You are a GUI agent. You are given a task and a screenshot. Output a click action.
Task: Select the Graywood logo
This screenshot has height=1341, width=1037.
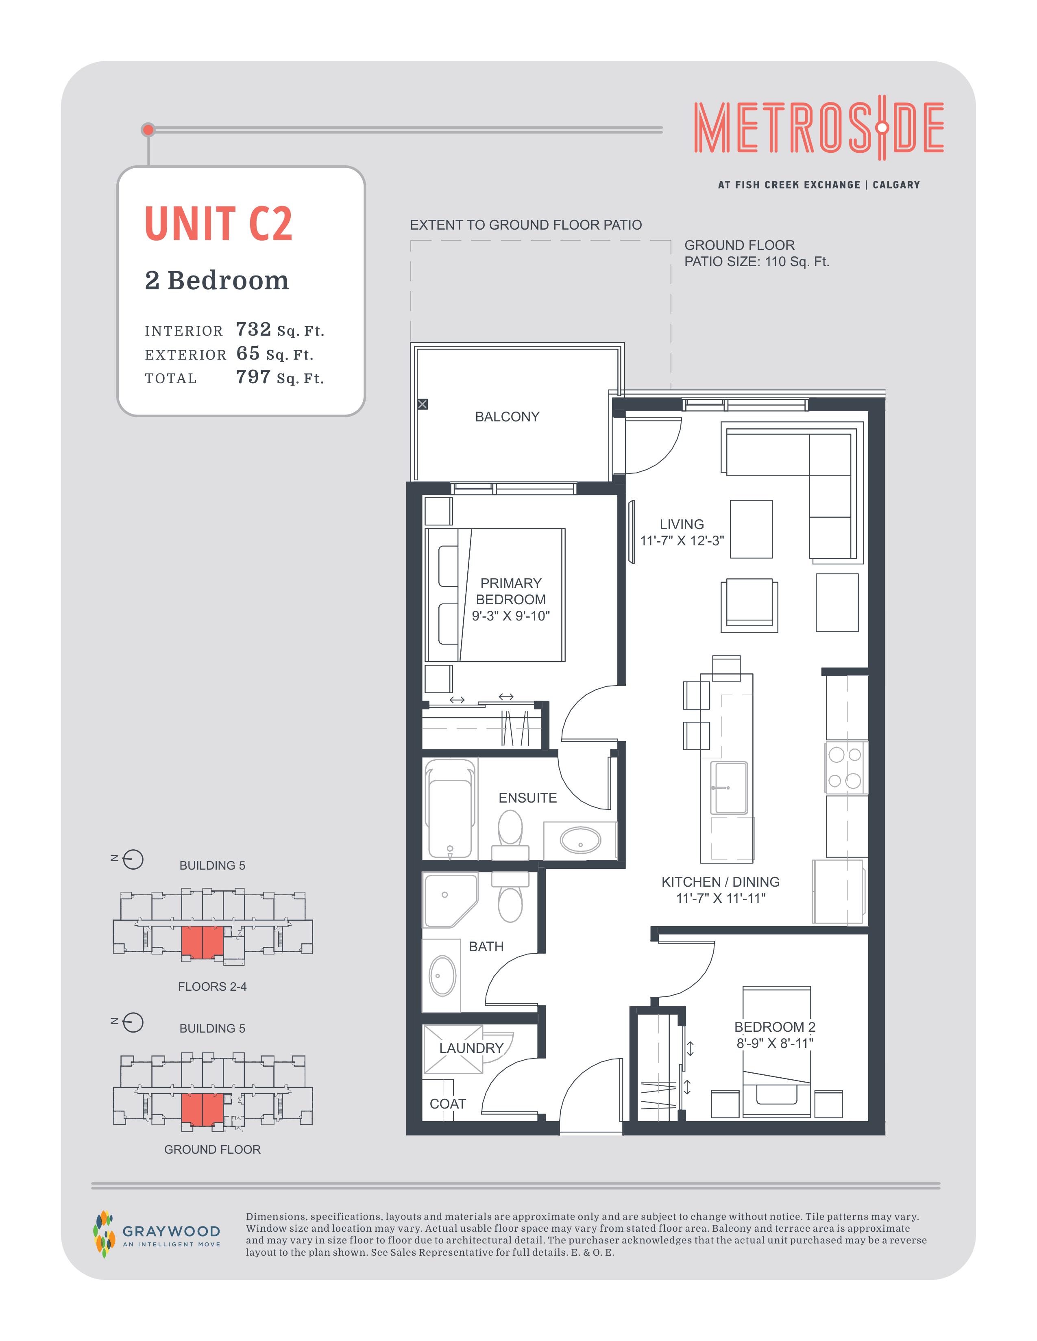[157, 1234]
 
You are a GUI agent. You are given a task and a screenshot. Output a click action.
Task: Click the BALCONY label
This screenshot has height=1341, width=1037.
[507, 417]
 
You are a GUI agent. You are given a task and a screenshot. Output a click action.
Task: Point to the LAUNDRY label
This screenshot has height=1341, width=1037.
[471, 1048]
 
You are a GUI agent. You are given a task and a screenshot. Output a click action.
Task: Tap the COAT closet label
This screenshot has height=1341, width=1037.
[448, 1104]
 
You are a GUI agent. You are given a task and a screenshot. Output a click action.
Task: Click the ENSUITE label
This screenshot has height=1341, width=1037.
[528, 798]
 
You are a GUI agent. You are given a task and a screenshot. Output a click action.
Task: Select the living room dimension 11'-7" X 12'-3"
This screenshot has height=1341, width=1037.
[682, 541]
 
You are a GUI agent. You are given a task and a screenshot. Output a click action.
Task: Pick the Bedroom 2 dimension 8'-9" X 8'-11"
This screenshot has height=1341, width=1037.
[775, 1043]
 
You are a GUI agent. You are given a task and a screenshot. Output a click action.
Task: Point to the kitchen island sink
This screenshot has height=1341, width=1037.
[729, 788]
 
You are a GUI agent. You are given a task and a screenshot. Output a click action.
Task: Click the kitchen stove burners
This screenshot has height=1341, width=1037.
[845, 768]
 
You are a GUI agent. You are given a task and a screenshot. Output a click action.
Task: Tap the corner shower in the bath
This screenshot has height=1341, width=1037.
[450, 900]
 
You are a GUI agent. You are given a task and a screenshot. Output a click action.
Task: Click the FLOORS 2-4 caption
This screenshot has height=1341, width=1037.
[212, 987]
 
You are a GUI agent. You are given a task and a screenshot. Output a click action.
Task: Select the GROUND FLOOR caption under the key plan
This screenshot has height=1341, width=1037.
[212, 1150]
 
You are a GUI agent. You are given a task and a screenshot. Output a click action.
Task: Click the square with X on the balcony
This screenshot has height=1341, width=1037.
[422, 404]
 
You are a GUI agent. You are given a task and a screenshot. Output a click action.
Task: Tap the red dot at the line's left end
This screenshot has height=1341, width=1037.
[148, 130]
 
